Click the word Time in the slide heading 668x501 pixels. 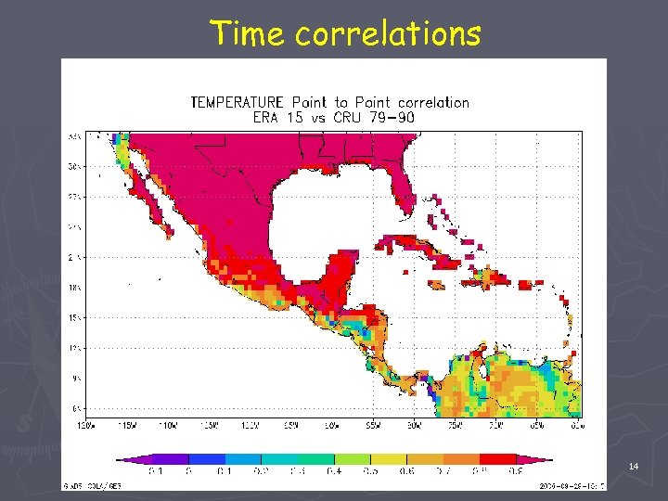tap(248, 33)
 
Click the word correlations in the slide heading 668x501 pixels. tap(388, 33)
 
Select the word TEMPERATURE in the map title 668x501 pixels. tap(238, 102)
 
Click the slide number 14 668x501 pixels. tap(634, 466)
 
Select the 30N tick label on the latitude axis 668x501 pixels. tap(74, 168)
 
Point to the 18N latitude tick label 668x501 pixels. tap(74, 288)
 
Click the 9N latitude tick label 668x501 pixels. tap(74, 379)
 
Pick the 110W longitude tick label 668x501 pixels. tap(168, 425)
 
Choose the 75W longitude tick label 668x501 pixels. tap(455, 425)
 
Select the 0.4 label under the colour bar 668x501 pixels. tap(333, 471)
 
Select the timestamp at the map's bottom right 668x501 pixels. tap(572, 484)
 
